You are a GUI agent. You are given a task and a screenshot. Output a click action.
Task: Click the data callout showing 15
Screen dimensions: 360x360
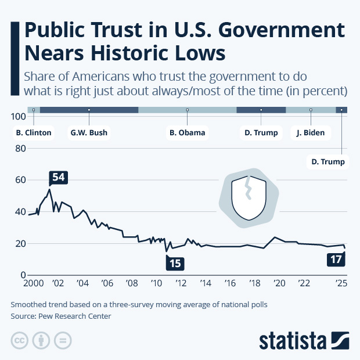coord(175,263)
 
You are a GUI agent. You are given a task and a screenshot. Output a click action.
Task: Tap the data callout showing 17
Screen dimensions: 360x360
coord(336,260)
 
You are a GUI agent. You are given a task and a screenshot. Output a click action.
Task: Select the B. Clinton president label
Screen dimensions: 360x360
coord(34,133)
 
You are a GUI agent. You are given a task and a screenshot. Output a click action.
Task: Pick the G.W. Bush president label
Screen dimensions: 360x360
coord(88,133)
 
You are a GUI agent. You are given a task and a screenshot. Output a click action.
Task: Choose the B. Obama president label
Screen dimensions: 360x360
coord(187,133)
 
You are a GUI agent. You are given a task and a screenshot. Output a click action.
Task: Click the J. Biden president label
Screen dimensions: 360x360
coord(310,133)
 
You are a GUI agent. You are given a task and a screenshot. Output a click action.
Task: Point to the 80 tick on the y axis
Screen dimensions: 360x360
coord(20,149)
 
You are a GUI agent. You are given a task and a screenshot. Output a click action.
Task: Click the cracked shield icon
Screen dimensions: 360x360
coord(249,199)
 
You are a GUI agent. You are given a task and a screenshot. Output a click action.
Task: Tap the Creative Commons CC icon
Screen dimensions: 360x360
coord(19,340)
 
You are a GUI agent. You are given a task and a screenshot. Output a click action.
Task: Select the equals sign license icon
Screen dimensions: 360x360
coord(62,340)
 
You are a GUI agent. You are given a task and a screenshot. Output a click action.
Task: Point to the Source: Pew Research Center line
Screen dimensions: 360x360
coord(60,316)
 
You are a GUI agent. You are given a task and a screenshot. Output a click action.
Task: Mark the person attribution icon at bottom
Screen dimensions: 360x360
coord(41,340)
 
